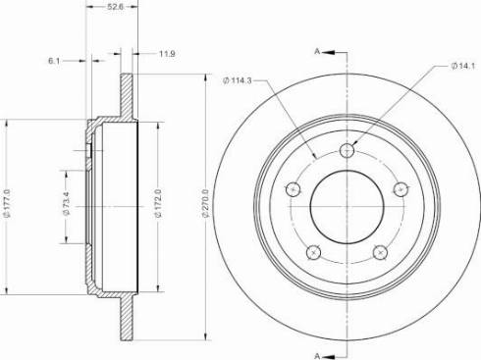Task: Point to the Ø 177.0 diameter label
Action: [x=8, y=207]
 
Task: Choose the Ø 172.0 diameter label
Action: [x=158, y=207]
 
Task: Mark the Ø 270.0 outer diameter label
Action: [x=205, y=207]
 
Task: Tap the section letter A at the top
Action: [x=316, y=50]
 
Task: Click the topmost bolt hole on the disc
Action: [x=346, y=150]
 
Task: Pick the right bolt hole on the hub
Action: [x=400, y=189]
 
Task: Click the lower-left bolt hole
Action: [x=312, y=252]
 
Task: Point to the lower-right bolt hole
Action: [x=379, y=252]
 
